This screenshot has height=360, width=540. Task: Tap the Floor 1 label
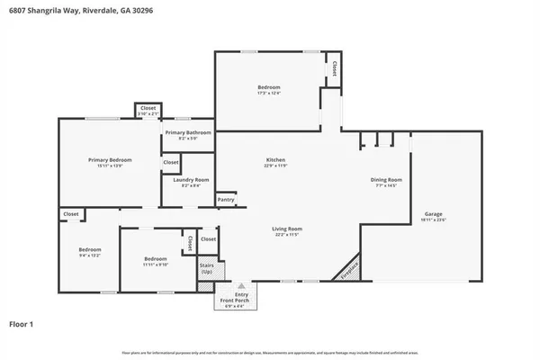point(22,322)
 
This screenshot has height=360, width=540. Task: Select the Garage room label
point(434,213)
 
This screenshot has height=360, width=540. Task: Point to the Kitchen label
point(274,159)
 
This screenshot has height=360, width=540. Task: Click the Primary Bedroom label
point(104,160)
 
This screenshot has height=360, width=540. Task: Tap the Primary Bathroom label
point(187,133)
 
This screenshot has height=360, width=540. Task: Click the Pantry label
point(225,199)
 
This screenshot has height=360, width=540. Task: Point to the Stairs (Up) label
point(206,268)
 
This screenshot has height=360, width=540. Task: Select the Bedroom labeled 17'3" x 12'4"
point(269,87)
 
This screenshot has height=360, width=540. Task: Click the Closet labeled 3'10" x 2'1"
point(148,109)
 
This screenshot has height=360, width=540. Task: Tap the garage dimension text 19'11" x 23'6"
point(434,220)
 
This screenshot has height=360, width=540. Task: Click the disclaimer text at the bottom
point(270,350)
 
